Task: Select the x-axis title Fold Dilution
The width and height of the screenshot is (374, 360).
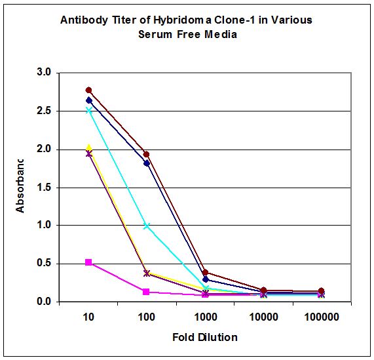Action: pyautogui.click(x=204, y=337)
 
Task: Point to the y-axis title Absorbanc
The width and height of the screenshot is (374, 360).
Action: pyautogui.click(x=20, y=186)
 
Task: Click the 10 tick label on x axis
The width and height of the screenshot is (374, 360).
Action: pyautogui.click(x=89, y=317)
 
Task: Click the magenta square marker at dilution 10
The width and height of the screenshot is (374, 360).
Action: pyautogui.click(x=89, y=262)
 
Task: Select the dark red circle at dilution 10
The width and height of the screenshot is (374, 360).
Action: pyautogui.click(x=89, y=90)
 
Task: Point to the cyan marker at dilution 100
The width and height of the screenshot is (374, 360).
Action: pyautogui.click(x=147, y=226)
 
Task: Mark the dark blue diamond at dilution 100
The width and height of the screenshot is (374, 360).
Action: pyautogui.click(x=147, y=163)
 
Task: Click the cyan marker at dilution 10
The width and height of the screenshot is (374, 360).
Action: pyautogui.click(x=89, y=110)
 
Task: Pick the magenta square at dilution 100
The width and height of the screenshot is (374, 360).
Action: pyautogui.click(x=147, y=292)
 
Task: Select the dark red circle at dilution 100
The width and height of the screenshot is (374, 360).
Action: pyautogui.click(x=147, y=155)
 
